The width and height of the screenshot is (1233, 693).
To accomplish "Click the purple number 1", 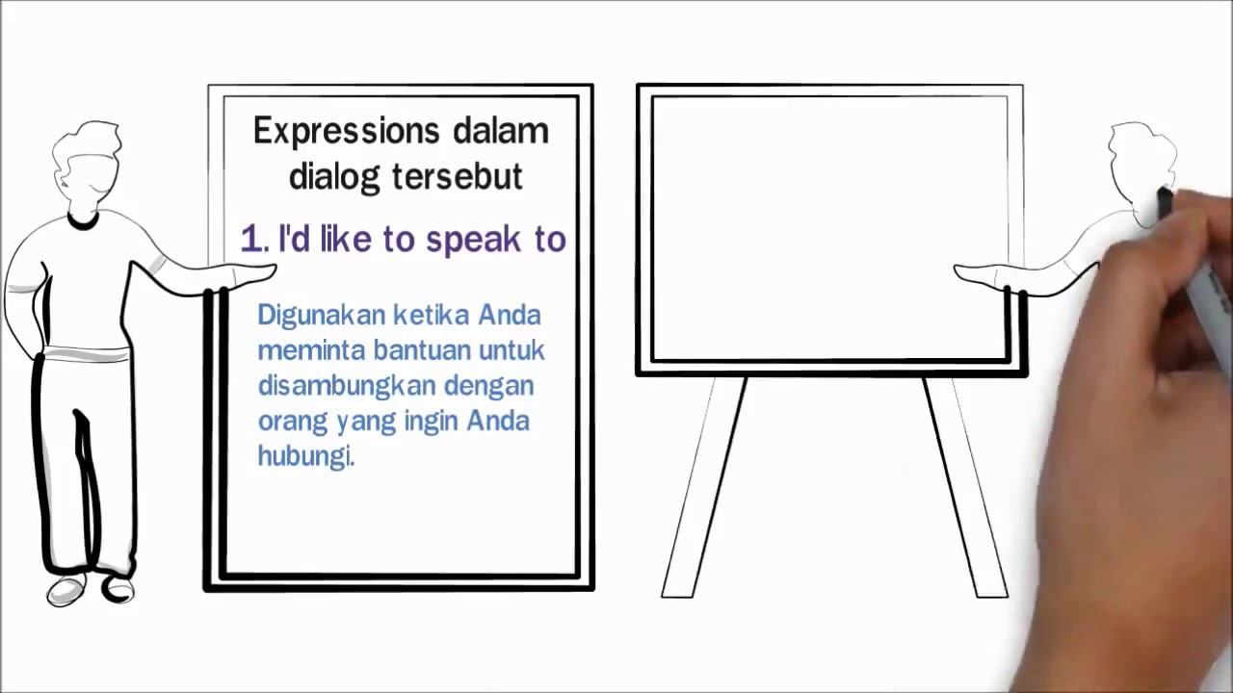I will click(x=252, y=240).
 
